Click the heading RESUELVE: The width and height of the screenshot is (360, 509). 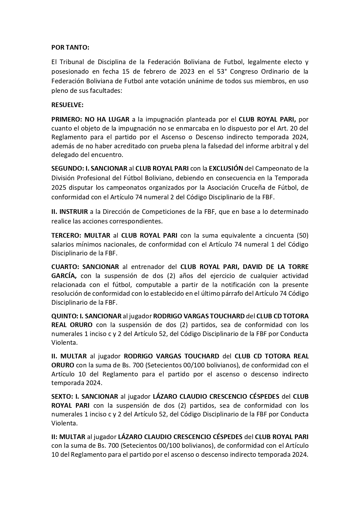[x=67, y=105]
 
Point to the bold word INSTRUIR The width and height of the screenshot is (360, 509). [x=74, y=212]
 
